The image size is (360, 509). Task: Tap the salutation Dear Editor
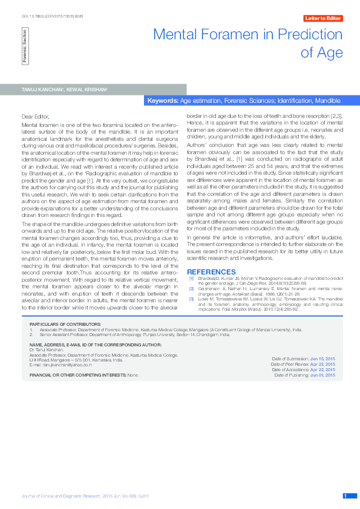tap(36, 115)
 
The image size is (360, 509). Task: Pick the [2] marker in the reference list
tap(191, 289)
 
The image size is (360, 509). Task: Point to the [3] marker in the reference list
tap(191, 299)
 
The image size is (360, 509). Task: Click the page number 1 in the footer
tap(345, 496)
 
